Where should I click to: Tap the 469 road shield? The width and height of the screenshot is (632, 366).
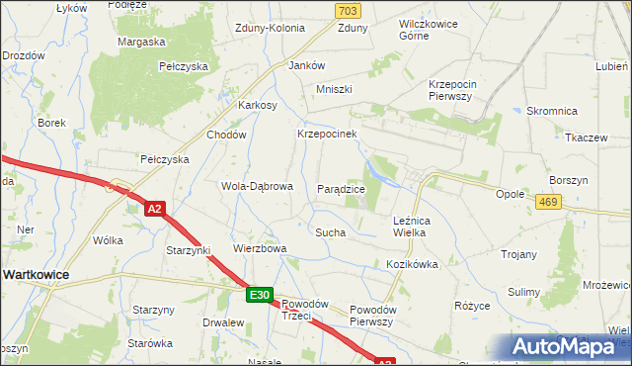551,201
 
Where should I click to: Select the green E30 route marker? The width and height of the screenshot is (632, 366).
259,295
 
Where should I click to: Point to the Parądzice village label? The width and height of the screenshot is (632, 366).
342,188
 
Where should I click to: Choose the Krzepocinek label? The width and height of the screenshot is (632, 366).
326,133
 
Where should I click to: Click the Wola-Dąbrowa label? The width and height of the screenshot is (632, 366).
257,186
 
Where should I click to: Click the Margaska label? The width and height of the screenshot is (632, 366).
140,42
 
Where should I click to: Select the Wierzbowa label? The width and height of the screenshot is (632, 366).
259,248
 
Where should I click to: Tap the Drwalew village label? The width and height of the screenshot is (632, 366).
223,322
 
